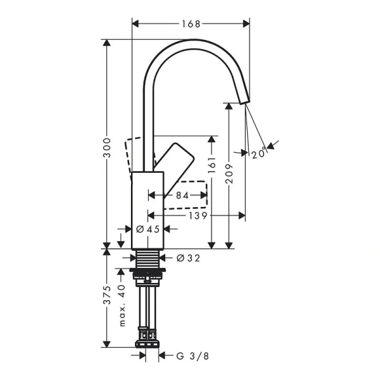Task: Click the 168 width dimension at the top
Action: pyautogui.click(x=191, y=24)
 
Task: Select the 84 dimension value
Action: pyautogui.click(x=182, y=196)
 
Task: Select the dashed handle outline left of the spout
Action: pyautogui.click(x=134, y=153)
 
